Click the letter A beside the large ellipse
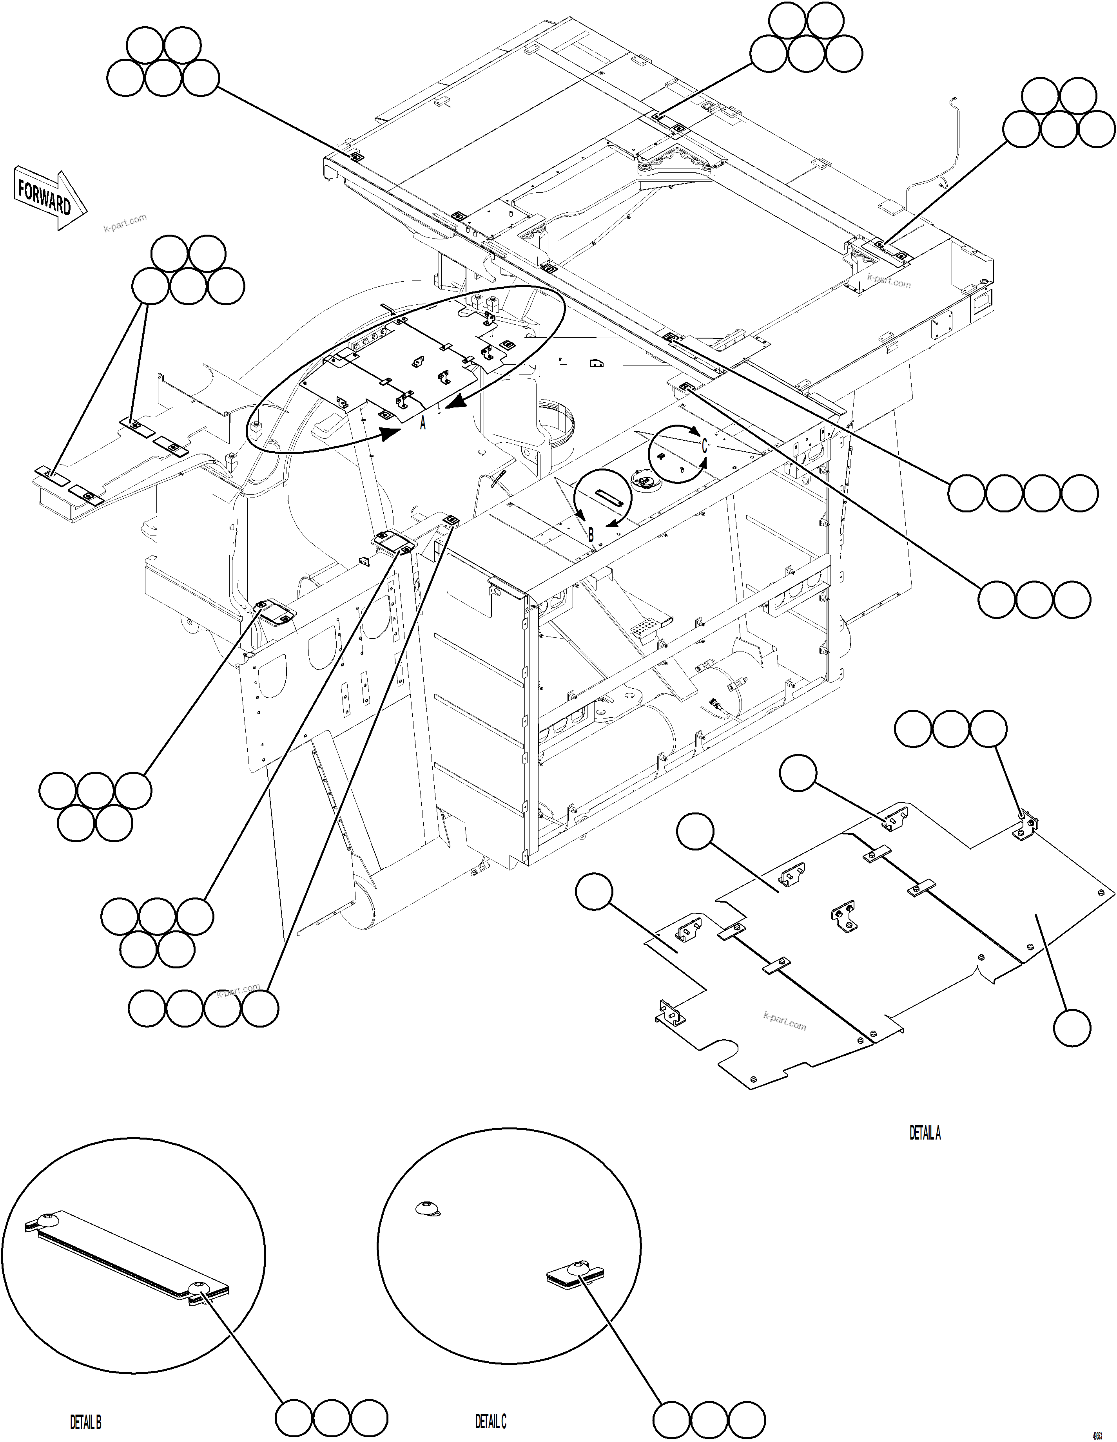point(423,423)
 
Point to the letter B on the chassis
point(591,535)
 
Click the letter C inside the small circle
point(704,446)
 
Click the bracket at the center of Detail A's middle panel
point(843,916)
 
